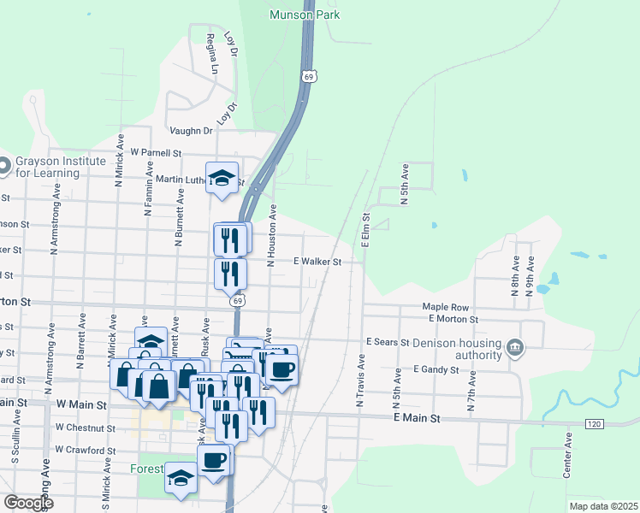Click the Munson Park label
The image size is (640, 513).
click(305, 15)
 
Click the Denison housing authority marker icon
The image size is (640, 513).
click(515, 347)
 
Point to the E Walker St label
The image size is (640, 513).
click(317, 262)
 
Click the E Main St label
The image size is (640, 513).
click(417, 419)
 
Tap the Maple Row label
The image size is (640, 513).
click(446, 307)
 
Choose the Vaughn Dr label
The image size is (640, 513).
click(190, 131)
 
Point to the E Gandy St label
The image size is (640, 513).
click(436, 370)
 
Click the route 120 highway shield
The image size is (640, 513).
click(596, 424)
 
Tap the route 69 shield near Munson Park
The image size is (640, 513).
click(307, 77)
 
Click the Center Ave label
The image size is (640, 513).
click(568, 454)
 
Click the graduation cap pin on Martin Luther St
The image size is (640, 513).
click(222, 179)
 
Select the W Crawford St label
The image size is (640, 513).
click(84, 449)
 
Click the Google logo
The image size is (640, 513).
click(27, 503)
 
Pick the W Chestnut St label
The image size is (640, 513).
click(85, 427)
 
